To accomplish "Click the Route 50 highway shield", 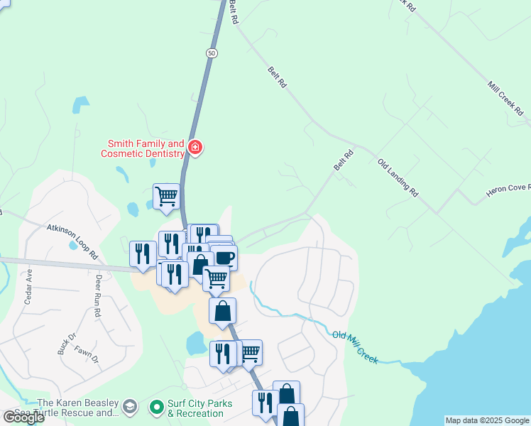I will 212,53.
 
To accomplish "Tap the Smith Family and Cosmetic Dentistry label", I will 142,148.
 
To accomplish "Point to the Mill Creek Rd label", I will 505,99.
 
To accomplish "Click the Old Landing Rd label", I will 398,177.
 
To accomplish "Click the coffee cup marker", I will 224,256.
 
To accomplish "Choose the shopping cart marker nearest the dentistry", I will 167,195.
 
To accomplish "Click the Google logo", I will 23,417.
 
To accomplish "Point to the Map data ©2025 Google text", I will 487,420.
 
